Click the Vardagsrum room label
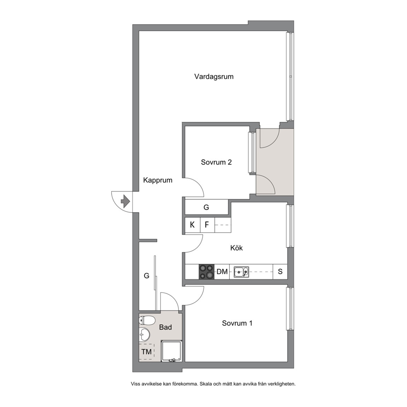(x=214, y=77)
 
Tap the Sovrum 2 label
(x=216, y=162)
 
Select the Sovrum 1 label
(x=237, y=323)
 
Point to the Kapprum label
(x=158, y=181)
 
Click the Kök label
(x=236, y=248)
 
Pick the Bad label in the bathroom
(x=165, y=327)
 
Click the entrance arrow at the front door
(x=125, y=201)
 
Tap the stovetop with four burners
(x=207, y=272)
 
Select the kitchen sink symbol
(x=241, y=272)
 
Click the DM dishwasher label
(x=222, y=272)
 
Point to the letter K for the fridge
(x=192, y=225)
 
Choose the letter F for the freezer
(x=207, y=225)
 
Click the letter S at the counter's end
(x=280, y=272)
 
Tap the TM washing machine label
(x=146, y=352)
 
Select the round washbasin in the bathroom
(x=144, y=334)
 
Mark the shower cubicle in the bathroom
(x=171, y=351)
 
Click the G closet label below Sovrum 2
(x=206, y=207)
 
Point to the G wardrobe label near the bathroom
(x=146, y=276)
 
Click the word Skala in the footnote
(x=206, y=384)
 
